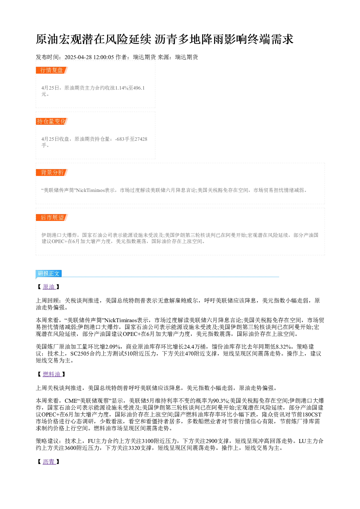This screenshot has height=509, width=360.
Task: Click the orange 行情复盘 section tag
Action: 52,70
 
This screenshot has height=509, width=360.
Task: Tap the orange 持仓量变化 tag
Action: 52,121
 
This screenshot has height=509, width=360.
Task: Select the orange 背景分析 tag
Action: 52,172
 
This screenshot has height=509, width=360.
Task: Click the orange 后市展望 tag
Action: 52,217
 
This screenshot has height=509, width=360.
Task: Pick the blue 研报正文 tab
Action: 49,273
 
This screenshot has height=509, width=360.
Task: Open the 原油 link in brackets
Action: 49,287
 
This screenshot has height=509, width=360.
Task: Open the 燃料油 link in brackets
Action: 52,374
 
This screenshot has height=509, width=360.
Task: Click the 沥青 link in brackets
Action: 49,461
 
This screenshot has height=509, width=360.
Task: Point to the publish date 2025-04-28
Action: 78,57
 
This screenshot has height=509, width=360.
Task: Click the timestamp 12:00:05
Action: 103,57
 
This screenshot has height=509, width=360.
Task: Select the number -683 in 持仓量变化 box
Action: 119,139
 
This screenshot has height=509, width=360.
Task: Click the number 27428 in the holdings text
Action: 141,139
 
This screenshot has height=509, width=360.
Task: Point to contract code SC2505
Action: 80,353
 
